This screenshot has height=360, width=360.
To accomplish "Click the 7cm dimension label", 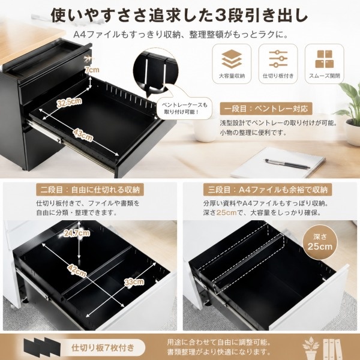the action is coord(92,70).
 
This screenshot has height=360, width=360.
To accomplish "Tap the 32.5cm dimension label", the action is coord(70,102).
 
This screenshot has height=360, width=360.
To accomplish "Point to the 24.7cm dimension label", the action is coord(77,233).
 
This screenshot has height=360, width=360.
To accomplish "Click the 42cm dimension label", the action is coord(77,271).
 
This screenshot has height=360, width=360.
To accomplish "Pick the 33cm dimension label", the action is coord(134,282).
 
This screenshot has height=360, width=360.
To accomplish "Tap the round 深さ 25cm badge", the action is coord(320,242).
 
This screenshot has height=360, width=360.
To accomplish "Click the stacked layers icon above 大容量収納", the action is coord(232,59).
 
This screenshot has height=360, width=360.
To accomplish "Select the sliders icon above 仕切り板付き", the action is coord(278,59).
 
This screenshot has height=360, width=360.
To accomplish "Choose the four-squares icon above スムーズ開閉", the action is coord(324,59).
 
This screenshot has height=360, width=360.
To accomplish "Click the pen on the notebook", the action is coord(287,164).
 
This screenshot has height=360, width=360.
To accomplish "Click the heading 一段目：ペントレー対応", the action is coord(266,109).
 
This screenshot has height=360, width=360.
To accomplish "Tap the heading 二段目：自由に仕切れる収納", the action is coord(90,190).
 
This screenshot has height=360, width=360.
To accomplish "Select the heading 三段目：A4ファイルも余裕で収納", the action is coord(268,190).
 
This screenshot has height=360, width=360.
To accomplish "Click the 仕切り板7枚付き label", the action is coord(103,347).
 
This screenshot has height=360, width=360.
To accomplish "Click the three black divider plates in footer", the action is coord(42,347).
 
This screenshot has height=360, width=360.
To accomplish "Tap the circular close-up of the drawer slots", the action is coord(155,71).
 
